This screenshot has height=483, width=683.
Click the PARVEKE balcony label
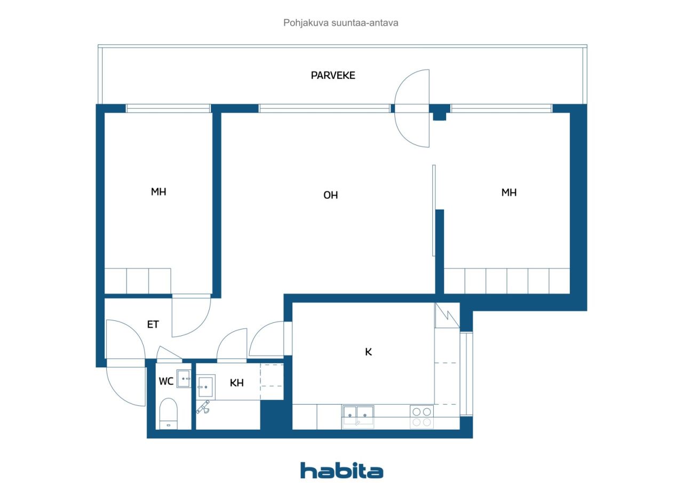pos(333,75)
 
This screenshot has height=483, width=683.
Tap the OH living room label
pos(330,195)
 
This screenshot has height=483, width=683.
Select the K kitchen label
pos(368,352)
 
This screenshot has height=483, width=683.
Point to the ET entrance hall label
pos(153,324)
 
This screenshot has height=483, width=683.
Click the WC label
pos(166,381)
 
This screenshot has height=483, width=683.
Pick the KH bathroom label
pos(236,383)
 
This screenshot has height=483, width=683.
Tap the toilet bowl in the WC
pos(168,414)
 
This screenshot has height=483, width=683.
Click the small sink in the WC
pos(184,379)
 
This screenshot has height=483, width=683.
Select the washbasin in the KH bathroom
pos(206,387)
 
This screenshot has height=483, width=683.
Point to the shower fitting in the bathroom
pos(203,407)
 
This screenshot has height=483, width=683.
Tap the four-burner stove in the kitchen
pos(422,417)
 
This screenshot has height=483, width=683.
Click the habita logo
pos(341,471)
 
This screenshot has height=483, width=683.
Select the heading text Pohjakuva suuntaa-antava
pos(340,23)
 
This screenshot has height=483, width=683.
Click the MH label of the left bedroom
pos(158,191)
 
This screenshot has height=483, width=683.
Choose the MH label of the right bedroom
pos(509,192)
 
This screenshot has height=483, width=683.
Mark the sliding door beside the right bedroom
pos(434,211)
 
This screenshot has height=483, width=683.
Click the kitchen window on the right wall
pos(466,374)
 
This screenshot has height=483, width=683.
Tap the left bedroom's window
pos(168,108)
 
